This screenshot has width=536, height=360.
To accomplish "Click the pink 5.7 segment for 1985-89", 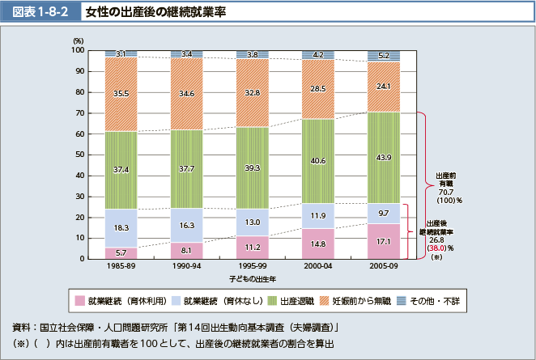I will click(121, 253).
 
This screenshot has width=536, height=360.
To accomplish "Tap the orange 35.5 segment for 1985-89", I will click(121, 94).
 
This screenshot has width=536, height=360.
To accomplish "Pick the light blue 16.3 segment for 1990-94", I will click(186, 226).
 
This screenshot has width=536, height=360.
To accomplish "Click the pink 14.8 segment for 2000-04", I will click(318, 244).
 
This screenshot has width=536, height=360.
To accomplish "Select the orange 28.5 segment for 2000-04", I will click(318, 89).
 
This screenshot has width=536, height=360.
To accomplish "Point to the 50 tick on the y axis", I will click(79, 155).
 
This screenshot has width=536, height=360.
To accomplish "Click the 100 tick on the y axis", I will click(77, 50).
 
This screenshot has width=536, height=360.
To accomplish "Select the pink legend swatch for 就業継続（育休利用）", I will click(79, 301).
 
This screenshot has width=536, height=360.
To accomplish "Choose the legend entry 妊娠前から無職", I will click(361, 301).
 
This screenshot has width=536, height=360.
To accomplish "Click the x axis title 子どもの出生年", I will click(251, 279).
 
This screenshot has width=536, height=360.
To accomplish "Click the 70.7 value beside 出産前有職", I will click(445, 193).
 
